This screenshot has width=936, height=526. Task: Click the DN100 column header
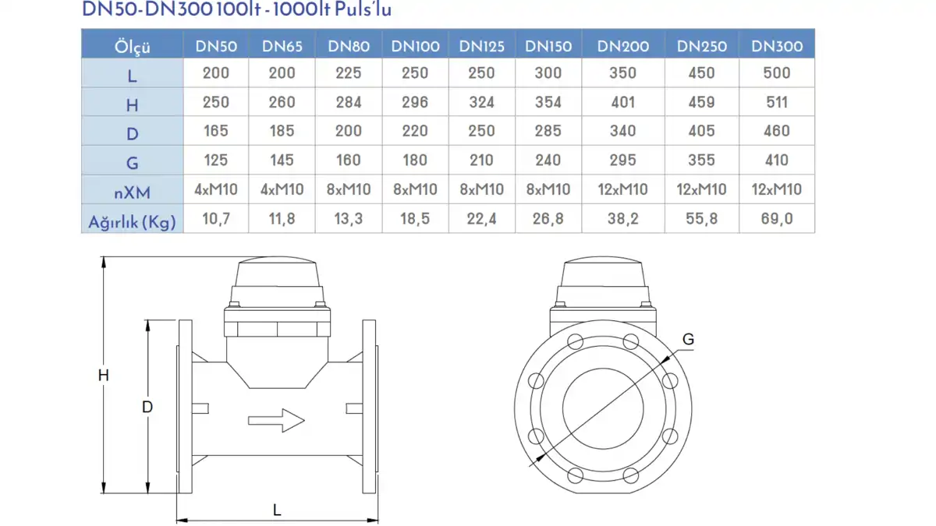(415, 46)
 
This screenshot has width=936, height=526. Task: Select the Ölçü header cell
(132, 46)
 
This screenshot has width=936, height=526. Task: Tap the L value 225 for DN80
(349, 73)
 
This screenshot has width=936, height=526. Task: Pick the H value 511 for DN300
(777, 102)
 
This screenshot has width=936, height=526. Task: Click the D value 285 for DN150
(548, 131)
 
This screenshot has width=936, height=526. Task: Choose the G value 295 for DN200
(622, 160)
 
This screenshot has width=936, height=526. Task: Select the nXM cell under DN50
(215, 189)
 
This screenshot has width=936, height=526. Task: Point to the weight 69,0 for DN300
(777, 219)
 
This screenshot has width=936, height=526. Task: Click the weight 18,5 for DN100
(415, 219)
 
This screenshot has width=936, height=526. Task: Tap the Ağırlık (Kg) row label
(132, 221)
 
